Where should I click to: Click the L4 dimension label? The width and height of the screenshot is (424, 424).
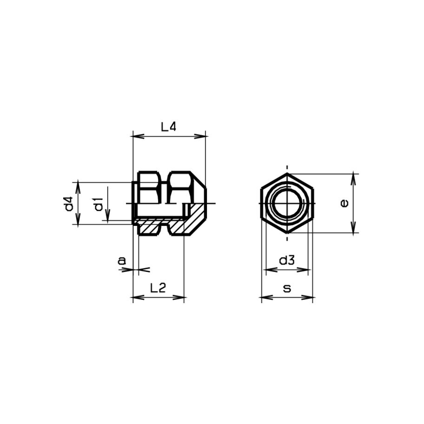(169, 126)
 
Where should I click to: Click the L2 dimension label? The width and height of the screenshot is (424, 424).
(158, 288)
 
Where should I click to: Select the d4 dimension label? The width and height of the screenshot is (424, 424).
(69, 204)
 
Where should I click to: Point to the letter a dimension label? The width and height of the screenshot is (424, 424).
(122, 261)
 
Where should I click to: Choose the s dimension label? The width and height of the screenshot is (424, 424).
(287, 289)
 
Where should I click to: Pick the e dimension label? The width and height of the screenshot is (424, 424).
(344, 203)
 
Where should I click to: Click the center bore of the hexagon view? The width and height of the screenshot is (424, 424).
(287, 204)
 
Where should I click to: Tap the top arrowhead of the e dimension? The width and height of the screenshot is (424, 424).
(354, 177)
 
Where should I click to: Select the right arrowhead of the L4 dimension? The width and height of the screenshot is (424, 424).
(203, 136)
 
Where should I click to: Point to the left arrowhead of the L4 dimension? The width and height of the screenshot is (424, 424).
(136, 136)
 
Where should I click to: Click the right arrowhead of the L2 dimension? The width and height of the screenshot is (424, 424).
(181, 298)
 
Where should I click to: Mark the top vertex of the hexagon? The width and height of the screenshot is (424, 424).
(287, 174)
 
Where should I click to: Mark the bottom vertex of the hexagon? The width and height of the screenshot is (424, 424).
(287, 233)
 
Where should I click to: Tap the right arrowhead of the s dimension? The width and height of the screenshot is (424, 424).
(310, 298)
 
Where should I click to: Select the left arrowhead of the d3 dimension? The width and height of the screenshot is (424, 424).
(268, 270)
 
